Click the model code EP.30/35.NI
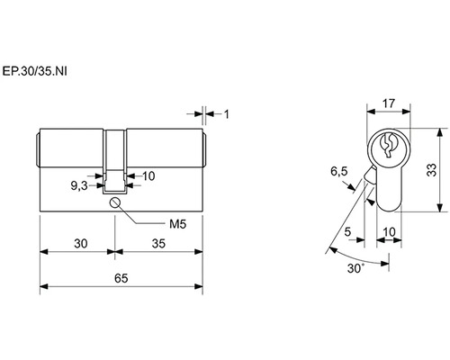coord(35,72)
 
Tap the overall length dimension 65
coord(121,278)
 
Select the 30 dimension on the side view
coord(81,244)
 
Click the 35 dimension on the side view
coord(158,244)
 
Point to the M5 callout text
coord(177,224)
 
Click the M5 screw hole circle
coord(115,202)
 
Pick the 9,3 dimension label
coord(79,186)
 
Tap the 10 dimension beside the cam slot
coord(148,176)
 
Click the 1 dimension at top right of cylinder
coord(227,114)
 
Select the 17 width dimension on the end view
coord(389,103)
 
